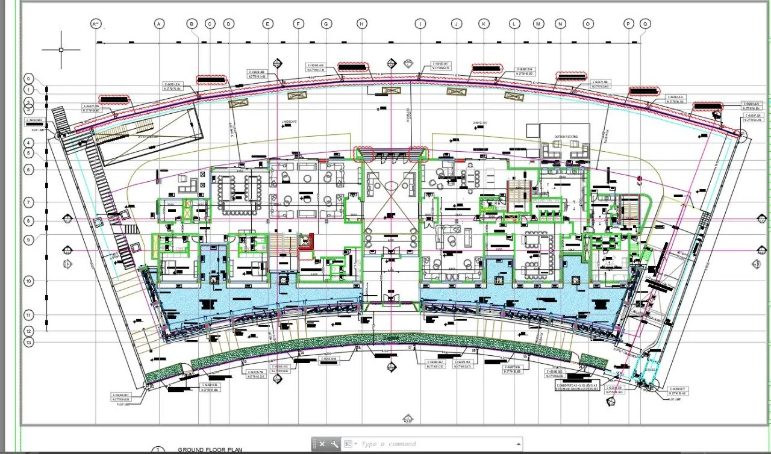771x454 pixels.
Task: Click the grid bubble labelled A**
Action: coord(96,23)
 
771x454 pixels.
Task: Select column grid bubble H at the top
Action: coord(361,23)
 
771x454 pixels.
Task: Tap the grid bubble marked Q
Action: coord(646,23)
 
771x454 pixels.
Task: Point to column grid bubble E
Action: coord(267,23)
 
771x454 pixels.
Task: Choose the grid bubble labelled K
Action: coord(484,23)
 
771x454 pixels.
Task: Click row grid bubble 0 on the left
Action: coord(29,79)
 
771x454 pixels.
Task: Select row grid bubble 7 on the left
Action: coord(29,202)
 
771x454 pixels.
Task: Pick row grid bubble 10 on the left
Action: coord(29,281)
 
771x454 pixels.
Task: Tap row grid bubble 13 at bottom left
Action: coord(29,342)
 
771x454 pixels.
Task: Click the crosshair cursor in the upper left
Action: coord(61,49)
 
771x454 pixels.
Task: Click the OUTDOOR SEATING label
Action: coord(566,137)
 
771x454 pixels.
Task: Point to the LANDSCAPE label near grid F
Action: coord(290,122)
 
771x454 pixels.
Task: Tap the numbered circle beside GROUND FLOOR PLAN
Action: coord(158,450)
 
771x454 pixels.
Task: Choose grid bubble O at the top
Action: coord(587,23)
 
